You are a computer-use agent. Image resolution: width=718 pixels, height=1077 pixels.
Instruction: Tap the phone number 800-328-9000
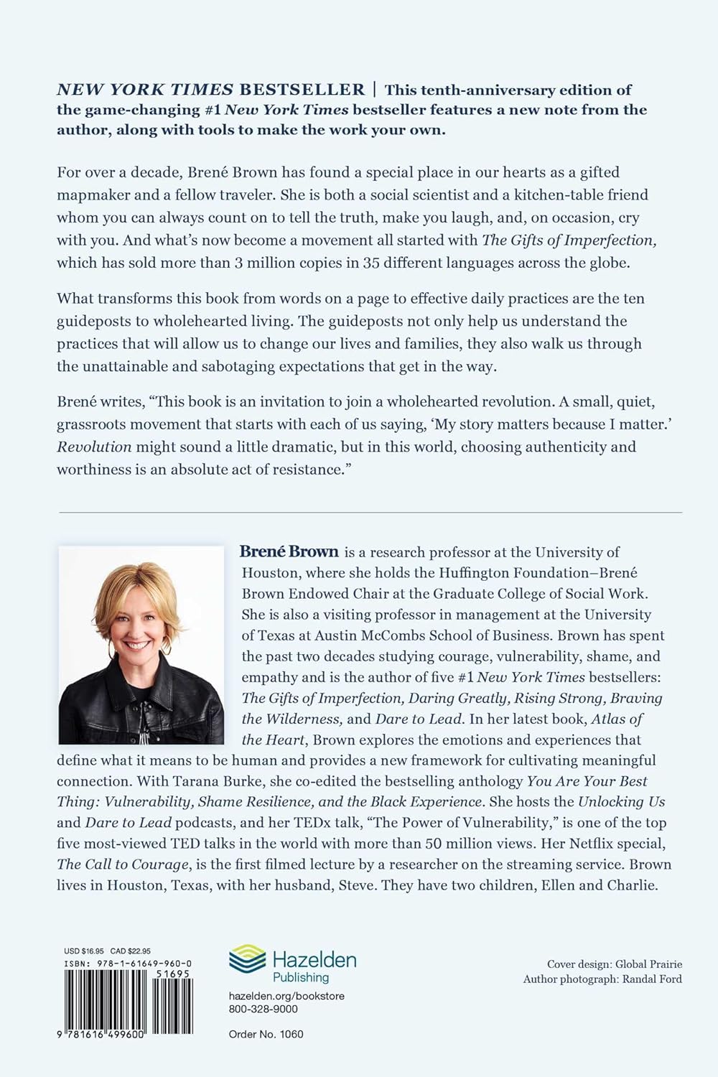(264, 1008)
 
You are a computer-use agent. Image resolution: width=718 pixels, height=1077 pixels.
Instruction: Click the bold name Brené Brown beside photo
(289, 552)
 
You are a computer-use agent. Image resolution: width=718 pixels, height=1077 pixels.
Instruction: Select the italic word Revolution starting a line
(94, 447)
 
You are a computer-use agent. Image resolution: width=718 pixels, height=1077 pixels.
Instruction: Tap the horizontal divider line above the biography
(370, 512)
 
